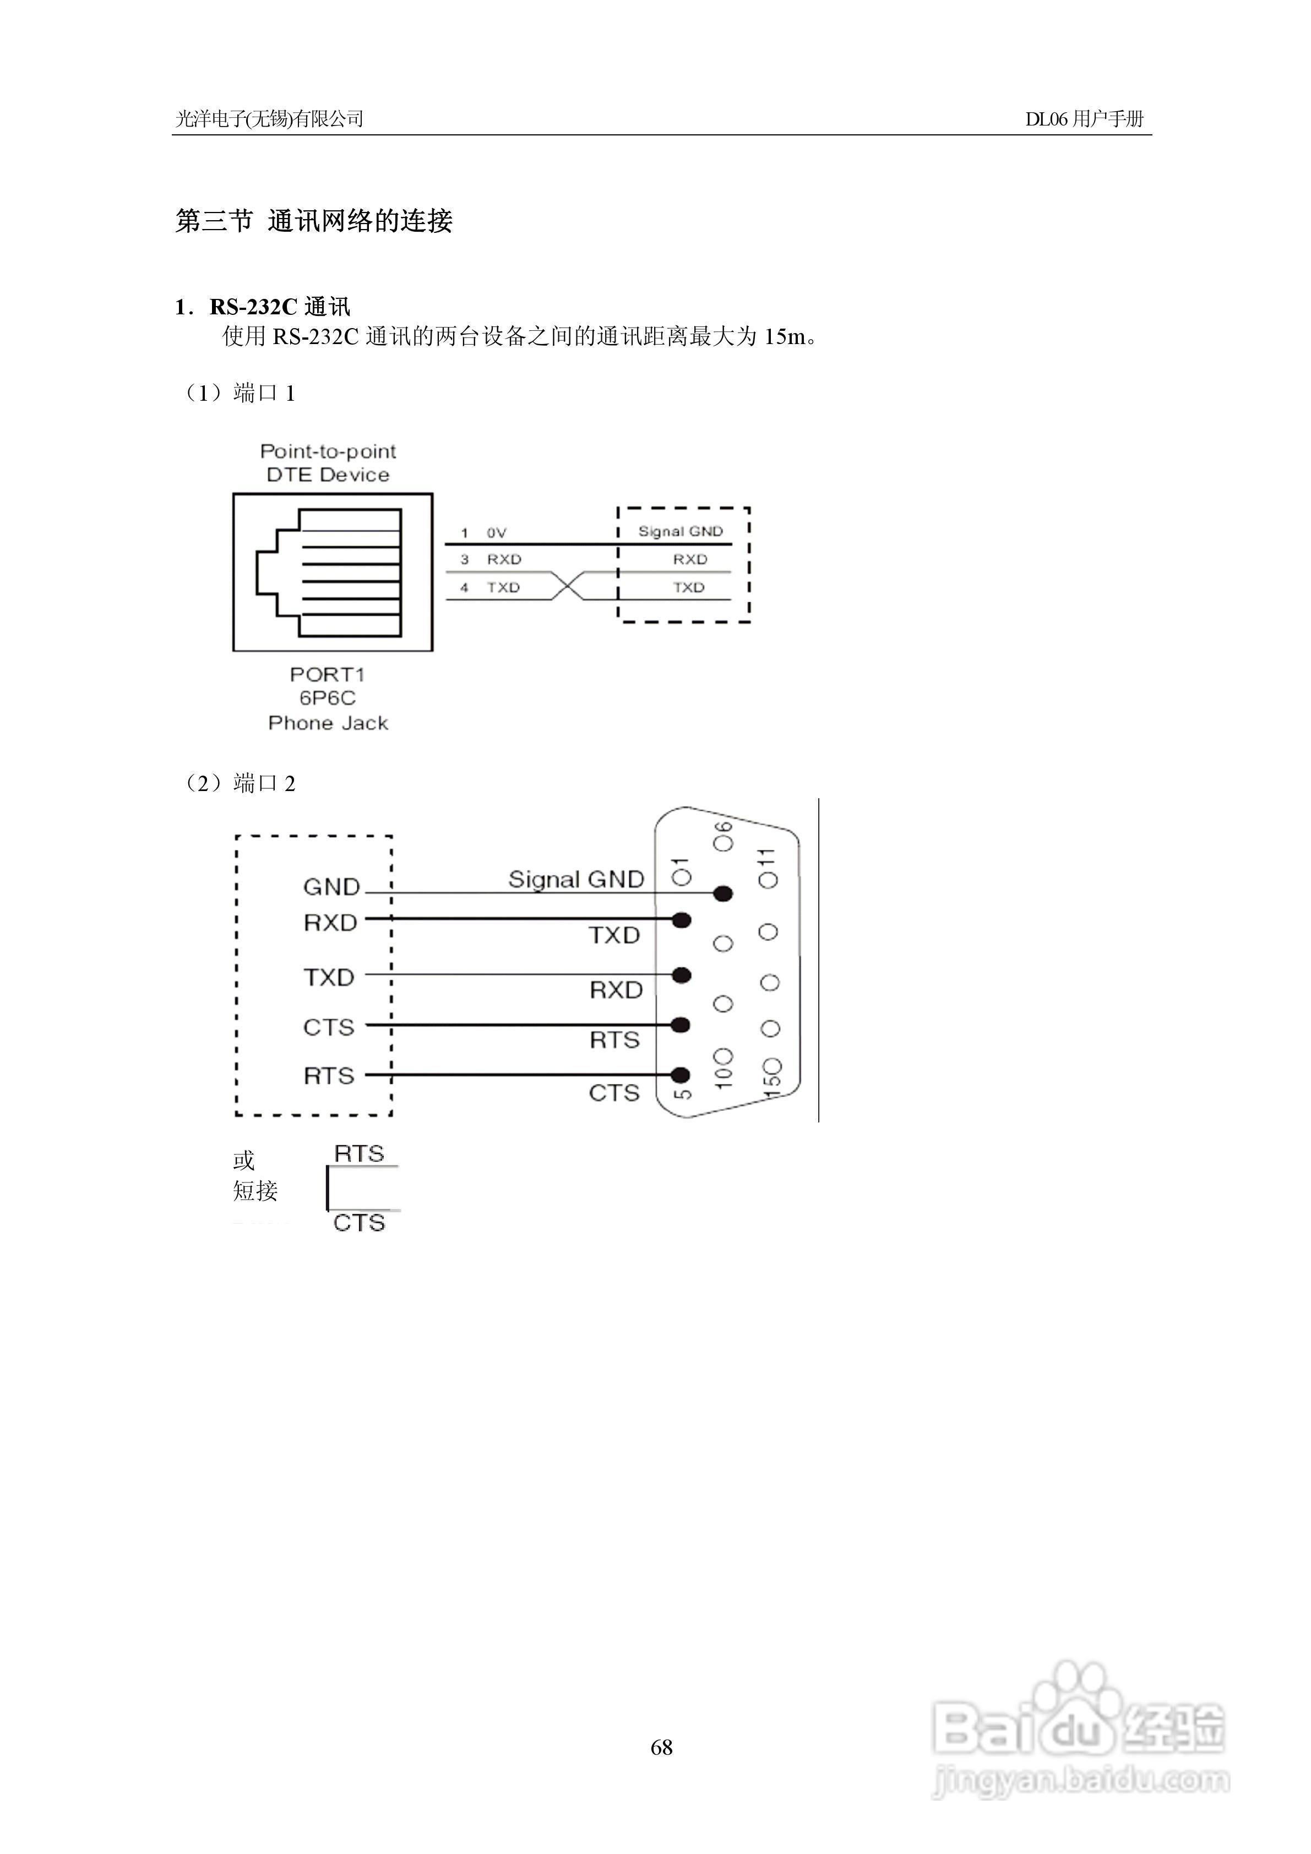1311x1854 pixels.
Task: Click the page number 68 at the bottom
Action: click(x=661, y=1747)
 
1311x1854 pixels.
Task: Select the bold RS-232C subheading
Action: click(x=254, y=307)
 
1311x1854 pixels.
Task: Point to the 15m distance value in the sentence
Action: click(x=785, y=337)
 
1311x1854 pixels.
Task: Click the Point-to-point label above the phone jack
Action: click(x=328, y=451)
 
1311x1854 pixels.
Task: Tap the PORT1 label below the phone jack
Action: click(x=327, y=674)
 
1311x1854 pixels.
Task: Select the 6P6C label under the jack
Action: click(x=327, y=697)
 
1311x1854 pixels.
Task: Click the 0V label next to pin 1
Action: click(x=496, y=533)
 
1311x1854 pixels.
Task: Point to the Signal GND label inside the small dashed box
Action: click(x=680, y=531)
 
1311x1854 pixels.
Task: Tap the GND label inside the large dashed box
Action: click(x=331, y=887)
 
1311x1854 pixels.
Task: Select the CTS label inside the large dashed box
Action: click(x=329, y=1027)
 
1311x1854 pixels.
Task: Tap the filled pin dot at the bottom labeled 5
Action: click(x=681, y=1075)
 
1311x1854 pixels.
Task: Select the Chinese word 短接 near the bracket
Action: click(x=255, y=1190)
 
